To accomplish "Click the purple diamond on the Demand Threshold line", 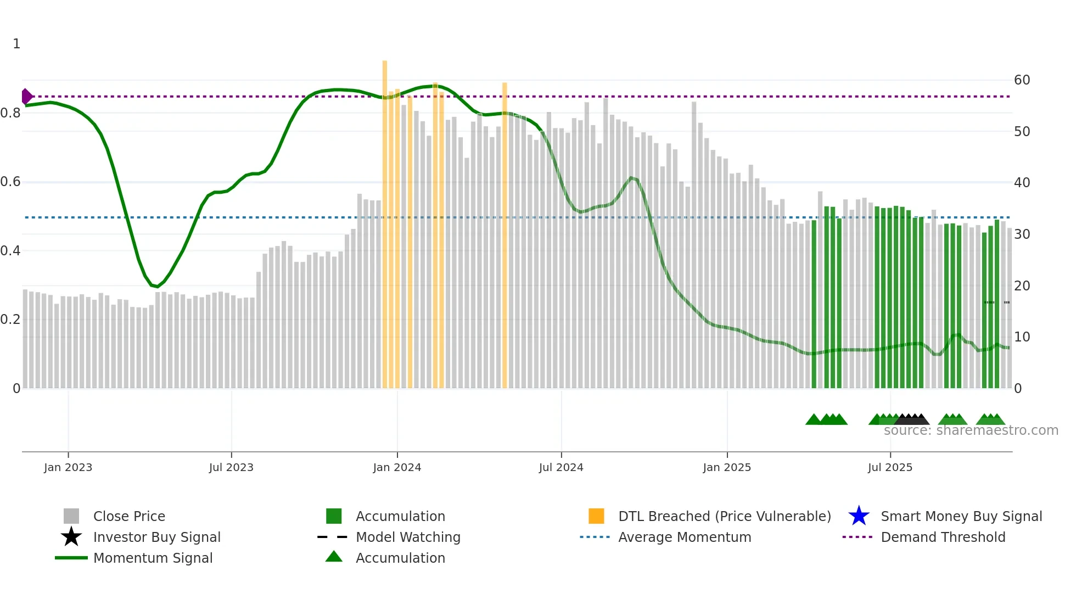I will [x=26, y=97].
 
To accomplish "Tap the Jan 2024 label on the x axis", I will [x=397, y=468].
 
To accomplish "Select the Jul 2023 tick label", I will [x=231, y=468].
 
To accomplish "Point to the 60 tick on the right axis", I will [x=1022, y=80].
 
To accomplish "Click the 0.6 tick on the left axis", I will [x=10, y=182].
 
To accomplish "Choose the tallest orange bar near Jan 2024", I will [x=385, y=220].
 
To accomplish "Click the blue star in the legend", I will [x=859, y=516].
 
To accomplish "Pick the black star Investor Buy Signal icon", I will [x=71, y=537].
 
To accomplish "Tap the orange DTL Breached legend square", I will [x=596, y=516].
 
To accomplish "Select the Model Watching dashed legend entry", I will [x=333, y=537].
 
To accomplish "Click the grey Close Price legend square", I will [x=71, y=516].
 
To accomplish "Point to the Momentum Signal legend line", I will [x=71, y=558].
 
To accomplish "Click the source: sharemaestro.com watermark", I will [x=971, y=430].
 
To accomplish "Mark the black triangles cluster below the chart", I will [x=912, y=419].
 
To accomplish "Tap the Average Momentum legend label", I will [x=685, y=537].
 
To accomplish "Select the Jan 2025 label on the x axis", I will [x=727, y=468].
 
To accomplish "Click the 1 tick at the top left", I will [x=16, y=44].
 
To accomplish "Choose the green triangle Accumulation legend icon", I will [x=334, y=557].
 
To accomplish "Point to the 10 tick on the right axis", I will [x=1022, y=337].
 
